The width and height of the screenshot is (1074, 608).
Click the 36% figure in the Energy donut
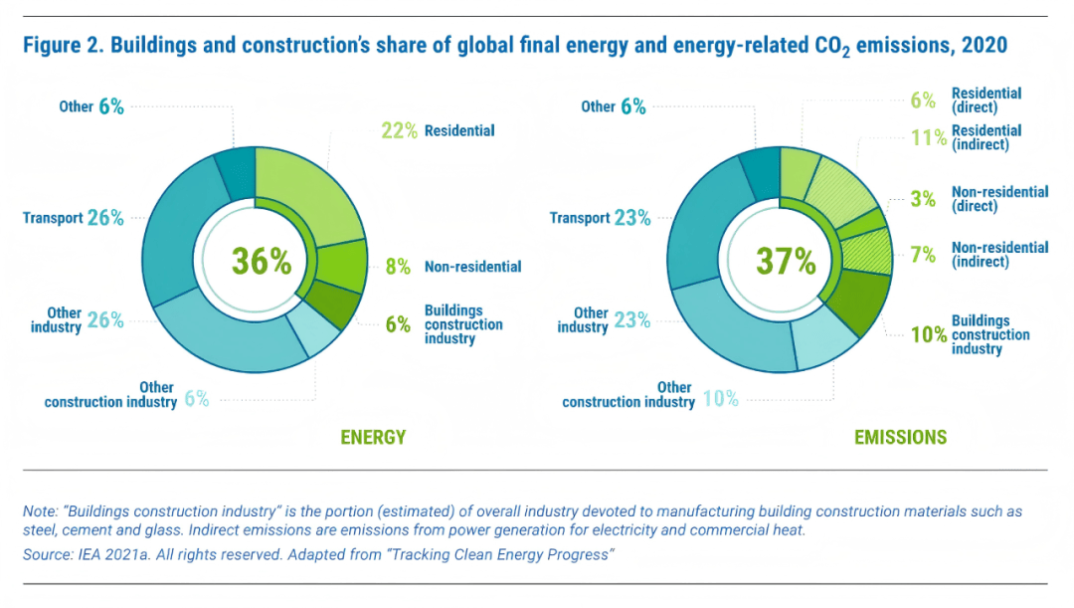coord(262,261)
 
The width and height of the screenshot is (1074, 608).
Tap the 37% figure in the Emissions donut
coord(786,261)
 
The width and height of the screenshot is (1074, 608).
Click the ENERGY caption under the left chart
coord(373,437)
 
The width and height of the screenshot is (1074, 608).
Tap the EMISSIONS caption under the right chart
coord(900,437)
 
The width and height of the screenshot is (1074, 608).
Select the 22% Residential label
coord(438,130)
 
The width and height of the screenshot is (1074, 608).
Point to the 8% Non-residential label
coord(452,267)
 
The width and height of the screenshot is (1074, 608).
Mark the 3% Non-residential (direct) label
coord(980,199)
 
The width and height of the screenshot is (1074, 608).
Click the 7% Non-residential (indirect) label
coord(980,255)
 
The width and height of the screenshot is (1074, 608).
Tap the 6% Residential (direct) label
coord(966,100)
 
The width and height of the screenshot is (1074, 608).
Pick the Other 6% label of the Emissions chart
coord(614,106)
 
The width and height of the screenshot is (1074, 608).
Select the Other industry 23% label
coord(604,319)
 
